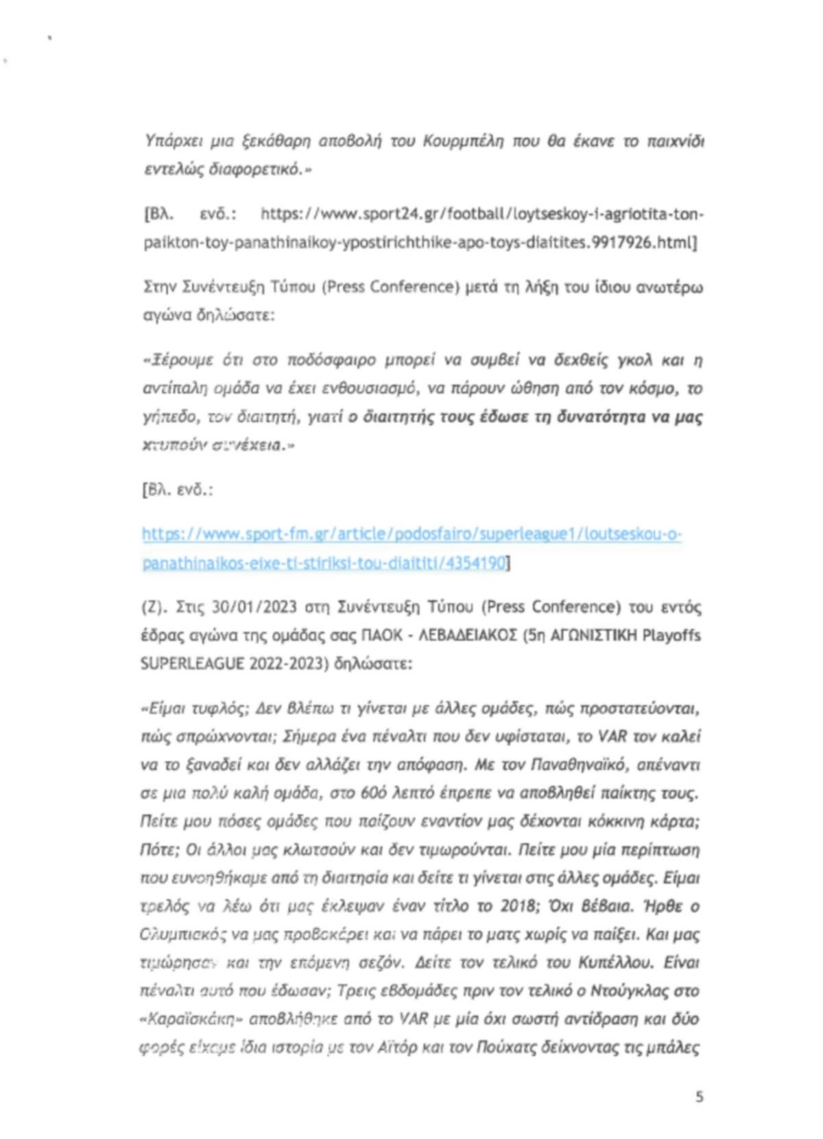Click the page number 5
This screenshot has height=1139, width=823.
[699, 1096]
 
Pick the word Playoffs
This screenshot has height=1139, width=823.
[671, 636]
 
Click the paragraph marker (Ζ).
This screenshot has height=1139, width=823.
[154, 607]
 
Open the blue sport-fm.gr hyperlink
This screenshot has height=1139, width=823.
[411, 535]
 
